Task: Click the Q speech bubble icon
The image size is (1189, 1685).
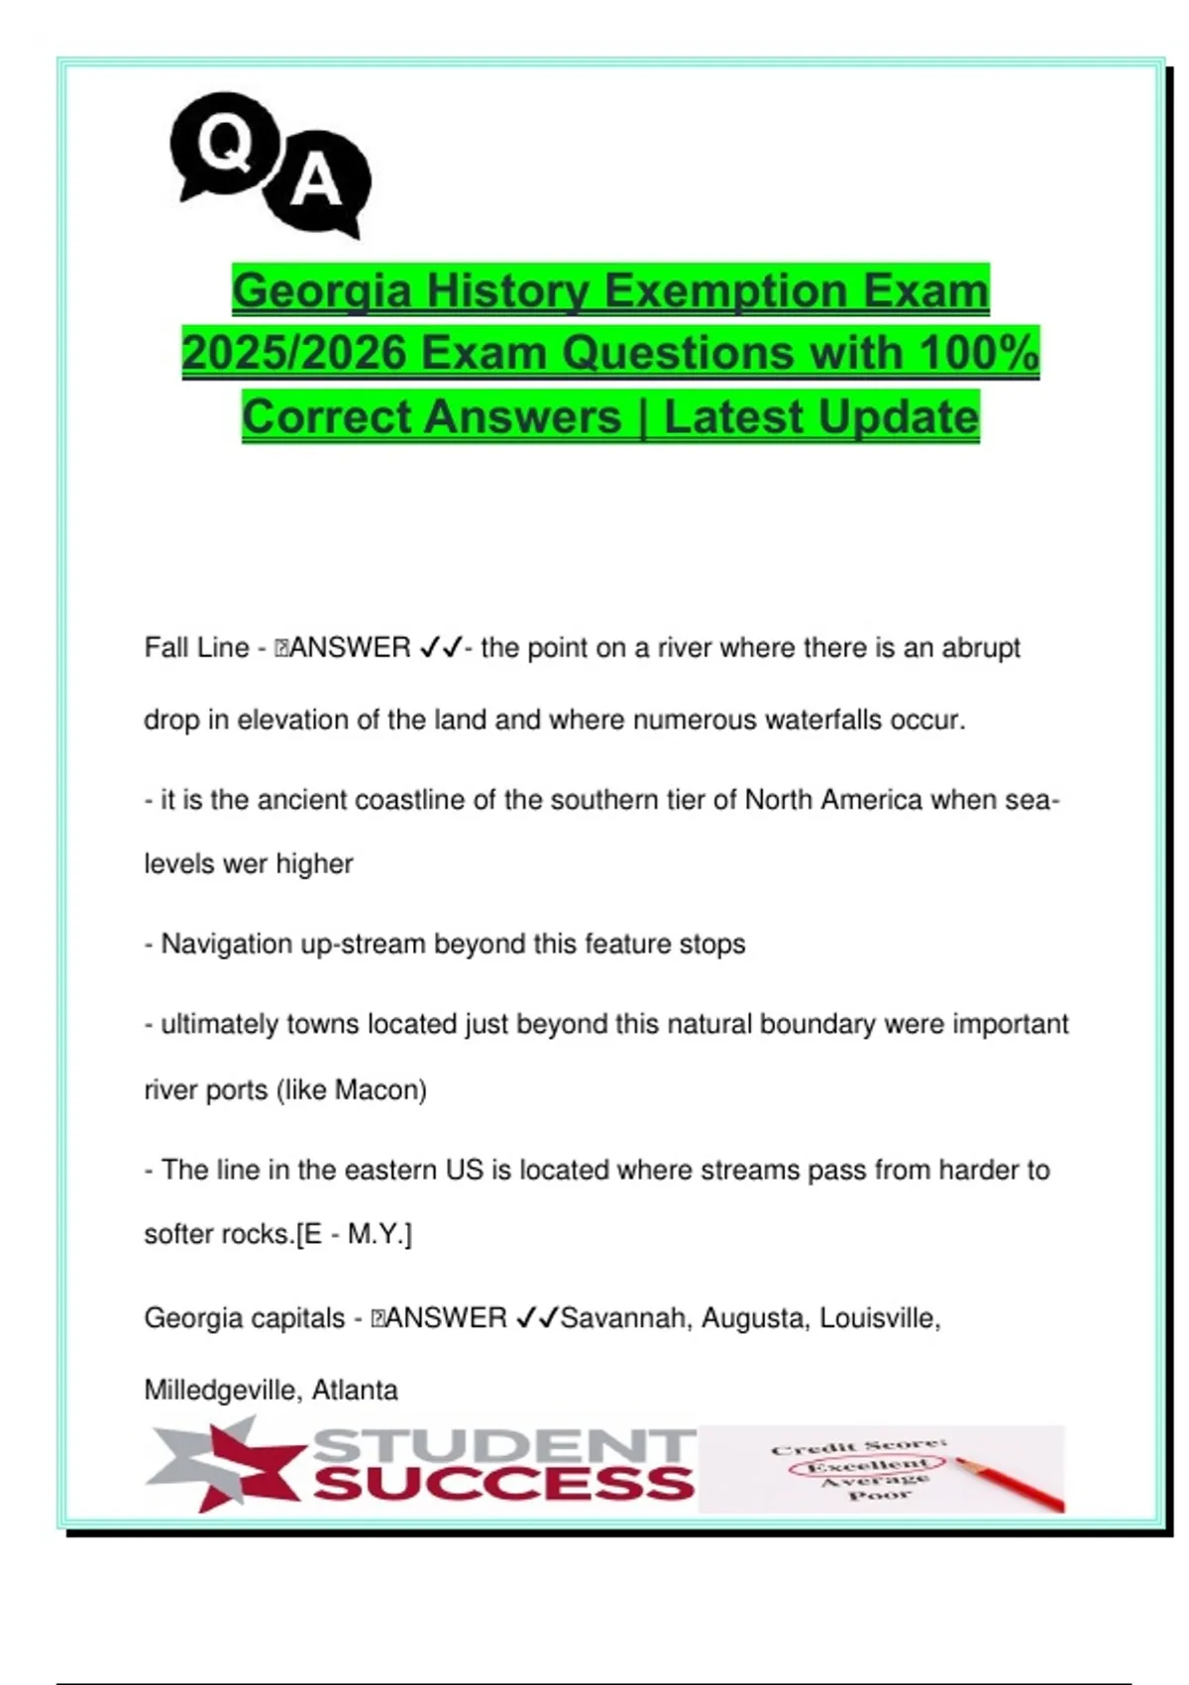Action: click(x=223, y=146)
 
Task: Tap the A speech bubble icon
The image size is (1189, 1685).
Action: click(x=317, y=182)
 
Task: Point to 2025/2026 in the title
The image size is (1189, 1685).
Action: click(x=293, y=354)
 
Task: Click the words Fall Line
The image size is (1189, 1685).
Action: click(x=196, y=648)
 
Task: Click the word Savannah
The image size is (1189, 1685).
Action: click(x=623, y=1318)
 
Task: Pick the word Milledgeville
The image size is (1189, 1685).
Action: click(x=223, y=1390)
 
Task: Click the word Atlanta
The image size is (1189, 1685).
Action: click(x=355, y=1390)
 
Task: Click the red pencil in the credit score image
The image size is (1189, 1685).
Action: click(x=1011, y=1484)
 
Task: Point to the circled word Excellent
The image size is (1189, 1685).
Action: click(x=867, y=1465)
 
